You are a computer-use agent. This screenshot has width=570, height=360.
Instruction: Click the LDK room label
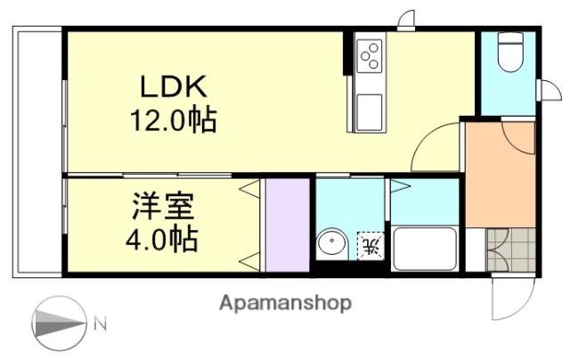173,86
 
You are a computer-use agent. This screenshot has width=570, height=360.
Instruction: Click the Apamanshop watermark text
285,303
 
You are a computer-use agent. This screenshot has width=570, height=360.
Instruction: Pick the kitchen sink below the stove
369,111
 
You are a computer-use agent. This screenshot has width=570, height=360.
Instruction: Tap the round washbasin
332,243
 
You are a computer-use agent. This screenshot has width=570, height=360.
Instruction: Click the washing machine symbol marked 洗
370,243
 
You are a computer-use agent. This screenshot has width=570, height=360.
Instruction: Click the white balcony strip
37,151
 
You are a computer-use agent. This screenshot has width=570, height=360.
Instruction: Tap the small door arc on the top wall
406,20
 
